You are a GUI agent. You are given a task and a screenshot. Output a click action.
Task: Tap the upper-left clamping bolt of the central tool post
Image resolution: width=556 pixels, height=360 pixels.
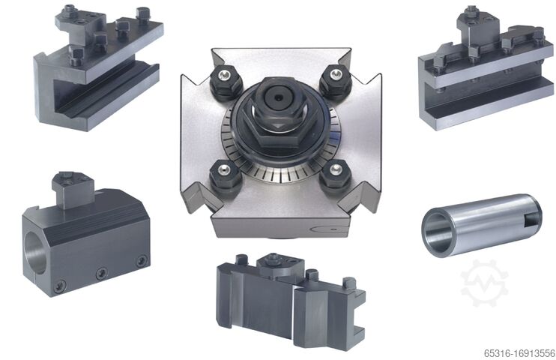point(226,82)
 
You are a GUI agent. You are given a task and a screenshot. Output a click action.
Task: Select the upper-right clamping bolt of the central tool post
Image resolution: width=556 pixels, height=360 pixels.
point(335,82)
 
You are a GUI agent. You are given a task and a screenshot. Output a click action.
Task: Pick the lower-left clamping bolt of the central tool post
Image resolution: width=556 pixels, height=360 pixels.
point(226,176)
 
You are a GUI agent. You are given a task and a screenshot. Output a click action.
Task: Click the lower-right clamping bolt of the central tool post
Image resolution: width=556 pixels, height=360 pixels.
point(335,176)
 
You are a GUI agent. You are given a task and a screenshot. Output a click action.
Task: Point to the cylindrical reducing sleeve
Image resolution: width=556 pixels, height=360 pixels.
point(482,224)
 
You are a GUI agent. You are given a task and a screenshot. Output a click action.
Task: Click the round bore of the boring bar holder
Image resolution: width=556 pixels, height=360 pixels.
point(34,253)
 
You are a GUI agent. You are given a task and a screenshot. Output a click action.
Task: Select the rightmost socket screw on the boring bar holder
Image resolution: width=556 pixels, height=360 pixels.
point(142,261)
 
